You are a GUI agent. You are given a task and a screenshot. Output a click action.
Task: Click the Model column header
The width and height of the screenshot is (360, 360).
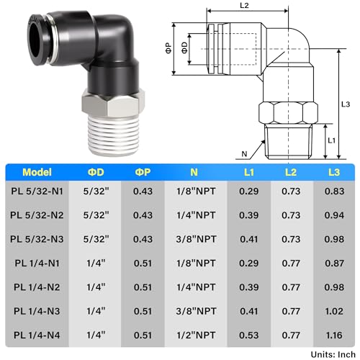pyautogui.click(x=37, y=172)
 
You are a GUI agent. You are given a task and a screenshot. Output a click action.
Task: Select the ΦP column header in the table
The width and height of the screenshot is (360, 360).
pyautogui.click(x=143, y=172)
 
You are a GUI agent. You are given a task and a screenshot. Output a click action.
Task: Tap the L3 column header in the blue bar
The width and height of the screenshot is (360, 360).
pyautogui.click(x=334, y=172)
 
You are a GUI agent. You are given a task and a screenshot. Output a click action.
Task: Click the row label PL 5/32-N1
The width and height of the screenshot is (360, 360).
pyautogui.click(x=37, y=192)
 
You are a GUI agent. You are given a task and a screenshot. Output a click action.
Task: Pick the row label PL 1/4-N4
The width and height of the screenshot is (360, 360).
pyautogui.click(x=37, y=335)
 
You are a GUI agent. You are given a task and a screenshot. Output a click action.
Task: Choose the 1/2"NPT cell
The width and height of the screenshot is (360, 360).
pyautogui.click(x=196, y=335)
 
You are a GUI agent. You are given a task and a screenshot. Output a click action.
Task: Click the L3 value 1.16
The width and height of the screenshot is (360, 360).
pyautogui.click(x=334, y=335)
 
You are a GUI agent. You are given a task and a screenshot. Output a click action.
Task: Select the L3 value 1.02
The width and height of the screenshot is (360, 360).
pyautogui.click(x=334, y=311)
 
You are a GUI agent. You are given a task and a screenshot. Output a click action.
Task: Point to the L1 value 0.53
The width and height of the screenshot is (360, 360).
pyautogui.click(x=249, y=335)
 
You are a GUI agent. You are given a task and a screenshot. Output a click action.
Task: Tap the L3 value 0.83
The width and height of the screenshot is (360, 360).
pyautogui.click(x=334, y=192)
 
